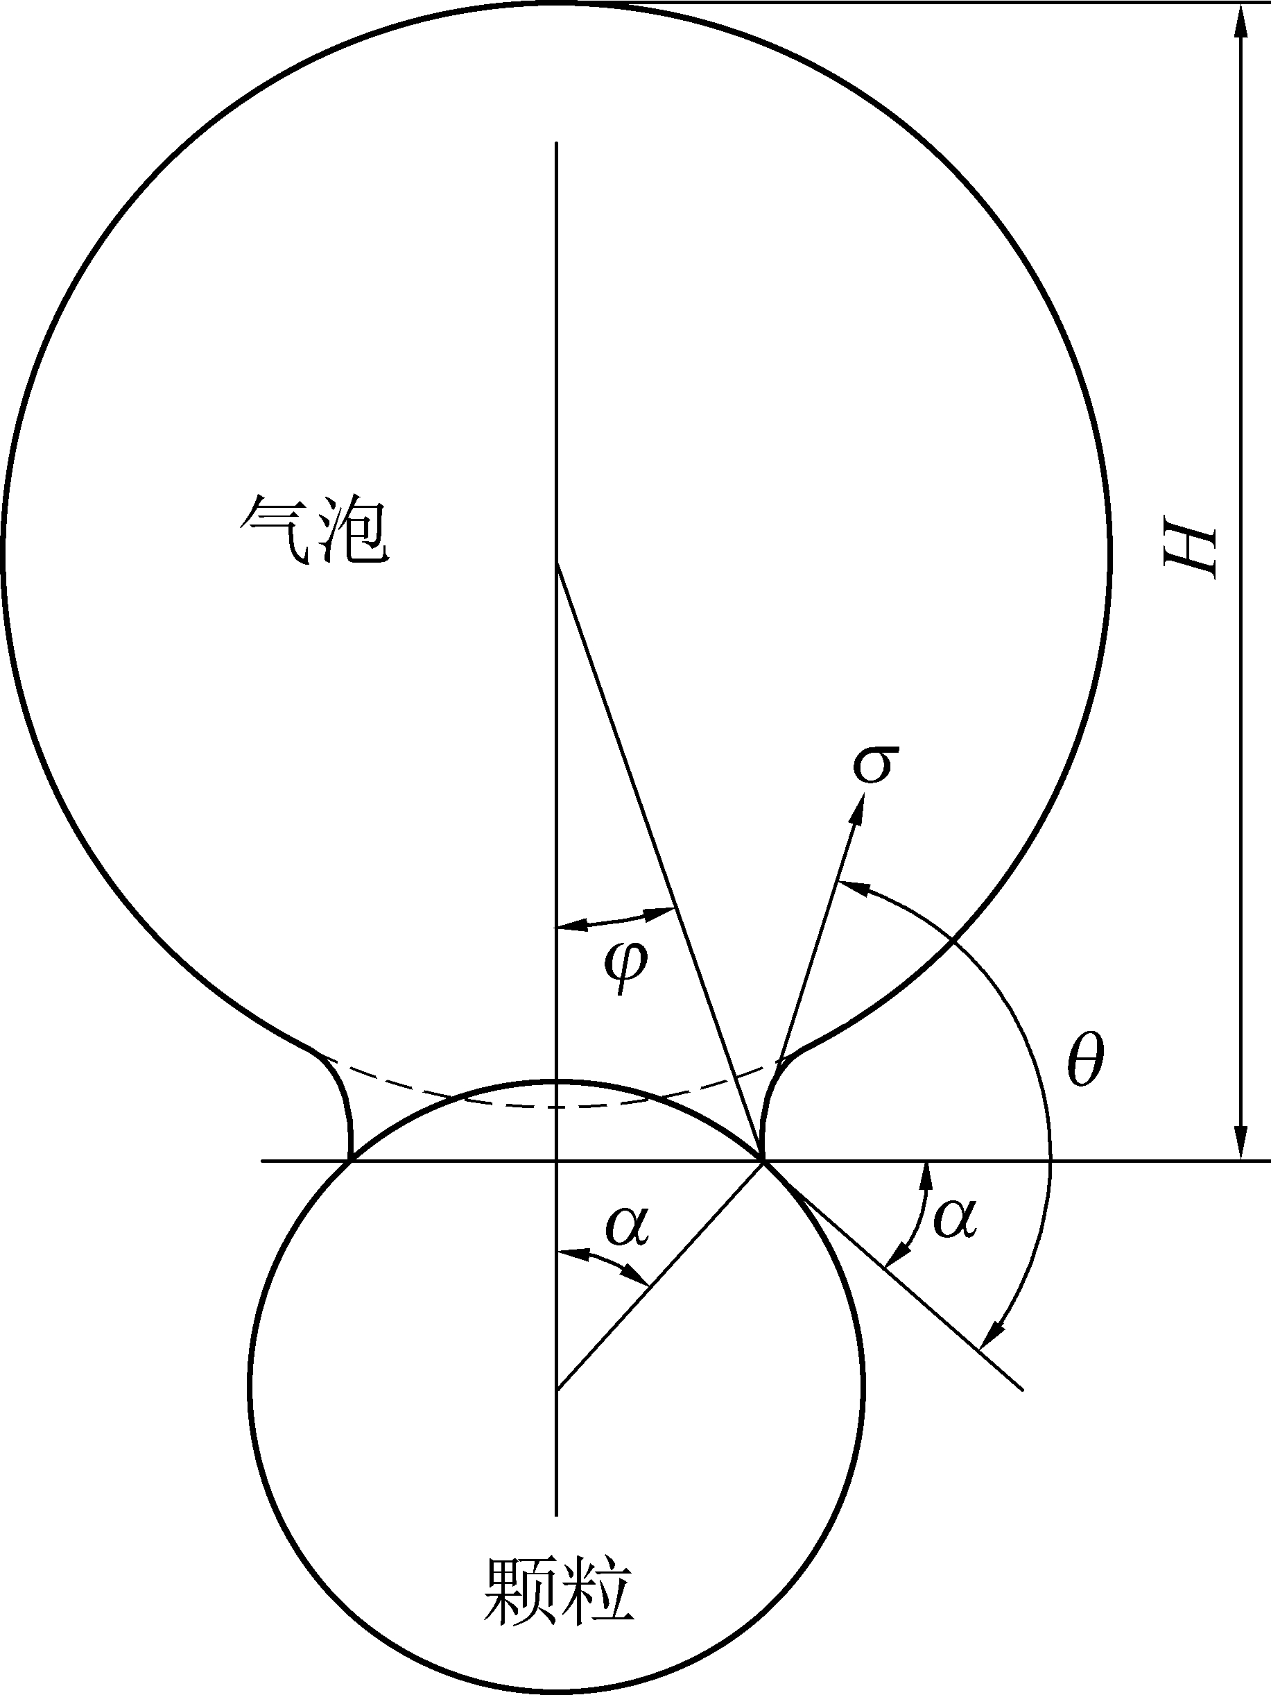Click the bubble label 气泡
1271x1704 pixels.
pyautogui.click(x=314, y=530)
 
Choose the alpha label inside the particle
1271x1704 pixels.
pyautogui.click(x=628, y=1224)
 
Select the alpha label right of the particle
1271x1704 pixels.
pyautogui.click(x=954, y=1218)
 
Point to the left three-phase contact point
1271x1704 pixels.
pyautogui.click(x=351, y=1159)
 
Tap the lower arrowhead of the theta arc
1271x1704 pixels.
pyautogui.click(x=997, y=1331)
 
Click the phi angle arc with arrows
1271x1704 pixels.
pyautogui.click(x=616, y=921)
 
